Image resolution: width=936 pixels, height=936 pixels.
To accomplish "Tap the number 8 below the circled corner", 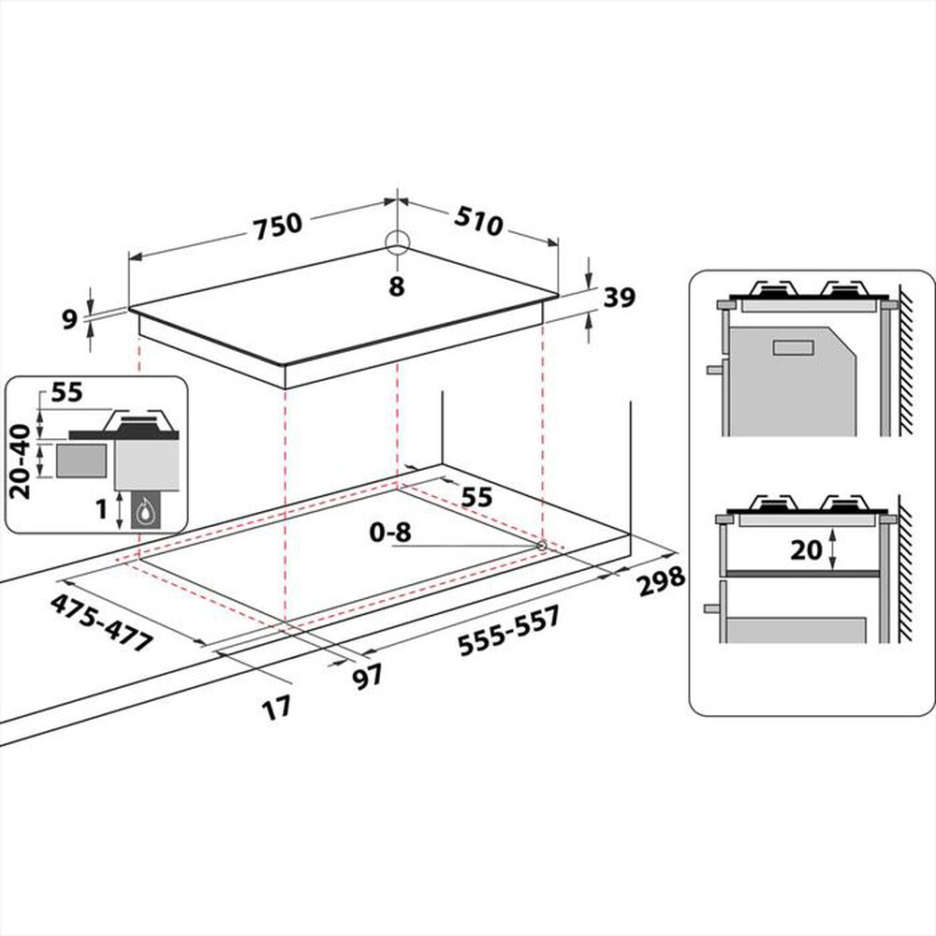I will (x=397, y=287).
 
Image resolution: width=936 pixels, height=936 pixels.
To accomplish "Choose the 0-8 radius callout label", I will (x=388, y=534).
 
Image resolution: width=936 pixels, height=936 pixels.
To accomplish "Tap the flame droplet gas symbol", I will (x=147, y=511).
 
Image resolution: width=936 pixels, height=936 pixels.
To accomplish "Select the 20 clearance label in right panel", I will (x=806, y=551).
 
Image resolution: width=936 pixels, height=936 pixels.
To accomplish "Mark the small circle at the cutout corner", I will (x=542, y=545).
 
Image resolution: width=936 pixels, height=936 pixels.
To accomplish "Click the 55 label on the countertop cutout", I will (x=476, y=497).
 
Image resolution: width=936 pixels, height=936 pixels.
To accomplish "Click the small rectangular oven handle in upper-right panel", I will (x=796, y=347).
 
